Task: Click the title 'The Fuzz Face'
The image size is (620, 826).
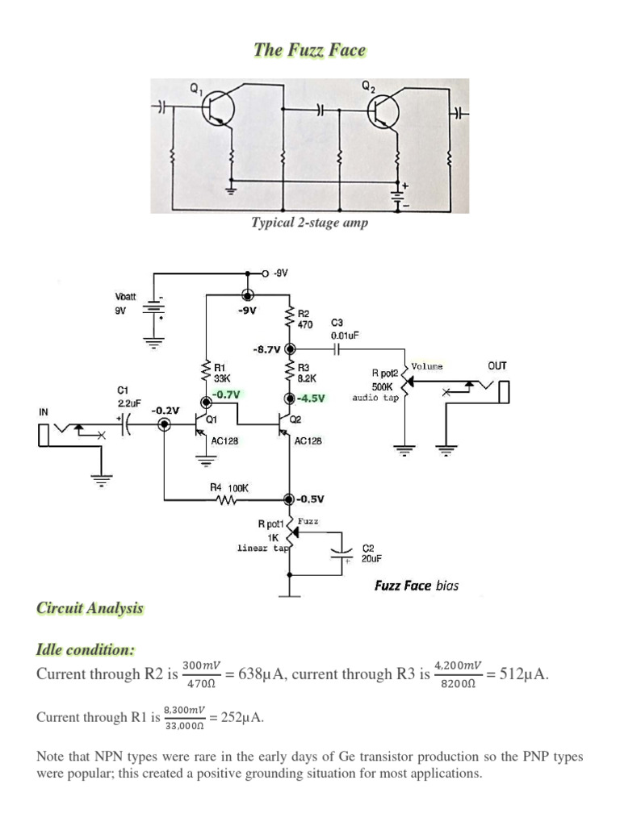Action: (309, 50)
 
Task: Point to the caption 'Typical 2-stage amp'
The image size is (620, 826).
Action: (309, 223)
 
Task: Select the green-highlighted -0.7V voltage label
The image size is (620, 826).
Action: (226, 394)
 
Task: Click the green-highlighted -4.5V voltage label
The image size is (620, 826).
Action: (311, 398)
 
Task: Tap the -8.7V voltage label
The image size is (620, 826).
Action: (266, 349)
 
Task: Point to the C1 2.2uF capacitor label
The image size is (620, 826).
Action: (129, 396)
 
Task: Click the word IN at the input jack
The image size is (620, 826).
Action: (44, 411)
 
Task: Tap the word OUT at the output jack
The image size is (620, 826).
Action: (497, 365)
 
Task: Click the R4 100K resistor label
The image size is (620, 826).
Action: (229, 487)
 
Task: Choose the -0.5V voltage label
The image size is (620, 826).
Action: (311, 499)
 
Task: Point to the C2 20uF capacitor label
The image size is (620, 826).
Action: (367, 553)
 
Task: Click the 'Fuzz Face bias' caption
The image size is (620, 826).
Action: (416, 585)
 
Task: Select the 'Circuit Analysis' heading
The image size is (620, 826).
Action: (90, 608)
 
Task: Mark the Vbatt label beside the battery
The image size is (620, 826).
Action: (127, 295)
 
